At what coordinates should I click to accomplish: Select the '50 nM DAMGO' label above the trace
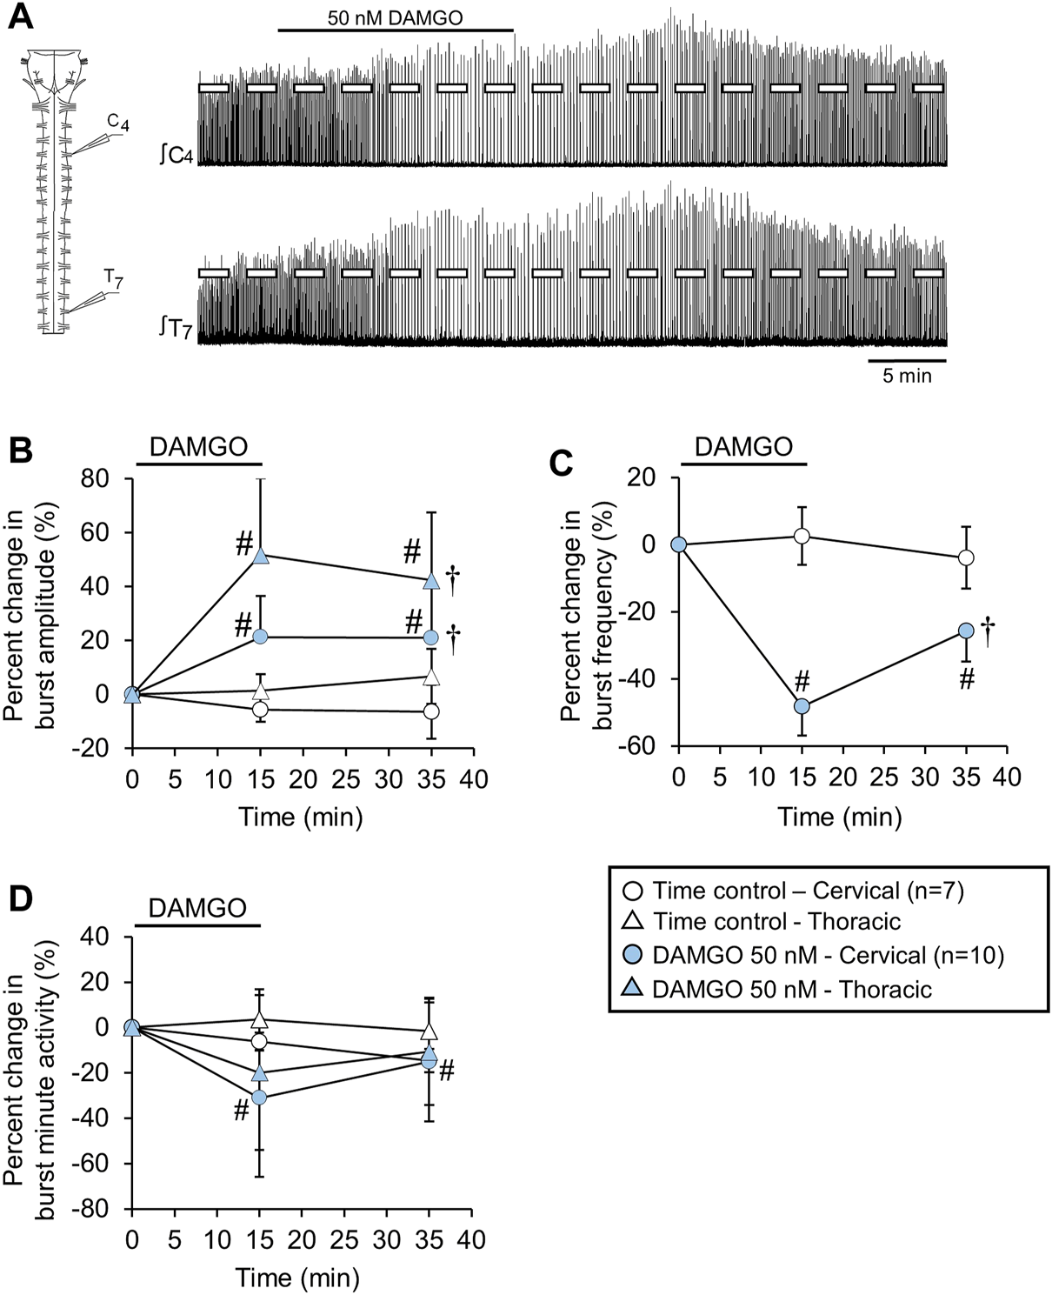click(396, 17)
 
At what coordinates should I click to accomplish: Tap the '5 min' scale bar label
click(907, 376)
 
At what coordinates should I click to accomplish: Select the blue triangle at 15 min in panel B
click(261, 556)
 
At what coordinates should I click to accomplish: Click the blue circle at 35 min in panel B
click(430, 637)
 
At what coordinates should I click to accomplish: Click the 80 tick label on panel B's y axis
click(103, 478)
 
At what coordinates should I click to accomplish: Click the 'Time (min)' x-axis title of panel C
click(840, 817)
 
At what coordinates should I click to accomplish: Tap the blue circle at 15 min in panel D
click(259, 1098)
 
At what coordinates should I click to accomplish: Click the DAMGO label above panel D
click(197, 909)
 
